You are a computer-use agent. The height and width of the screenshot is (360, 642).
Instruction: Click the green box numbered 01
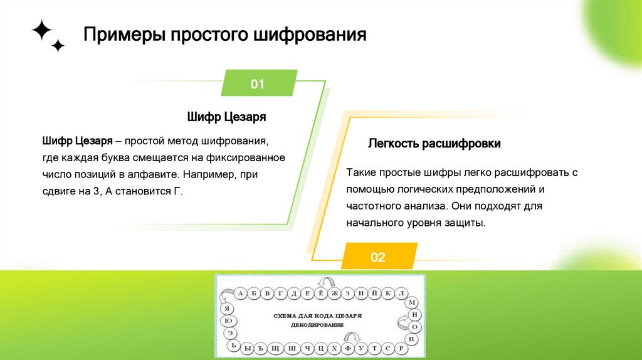258,85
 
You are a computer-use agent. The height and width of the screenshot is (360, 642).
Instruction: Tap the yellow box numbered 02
377,257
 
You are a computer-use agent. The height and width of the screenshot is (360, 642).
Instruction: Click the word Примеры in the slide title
120,34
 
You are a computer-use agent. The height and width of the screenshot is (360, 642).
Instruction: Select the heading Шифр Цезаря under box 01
226,117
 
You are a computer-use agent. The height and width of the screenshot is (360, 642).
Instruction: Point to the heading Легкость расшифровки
434,144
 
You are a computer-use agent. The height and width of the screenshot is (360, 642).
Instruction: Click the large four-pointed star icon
41,30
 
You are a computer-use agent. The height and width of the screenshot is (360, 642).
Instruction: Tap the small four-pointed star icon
58,46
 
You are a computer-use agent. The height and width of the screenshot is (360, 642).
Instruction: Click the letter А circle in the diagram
240,293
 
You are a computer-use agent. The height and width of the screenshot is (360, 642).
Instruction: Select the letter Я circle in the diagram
227,307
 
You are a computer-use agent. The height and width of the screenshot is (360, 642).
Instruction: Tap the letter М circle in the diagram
412,303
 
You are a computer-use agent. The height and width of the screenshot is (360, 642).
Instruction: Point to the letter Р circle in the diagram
403,348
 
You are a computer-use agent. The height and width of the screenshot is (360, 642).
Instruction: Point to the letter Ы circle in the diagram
248,348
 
